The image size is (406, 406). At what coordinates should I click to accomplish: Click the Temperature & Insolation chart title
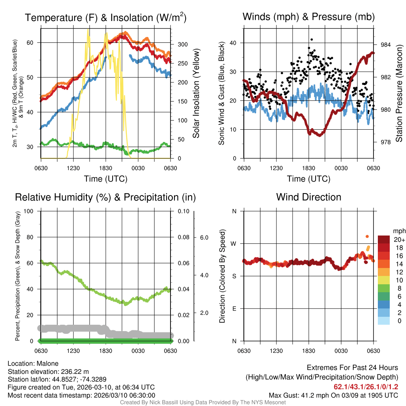(x=106, y=18)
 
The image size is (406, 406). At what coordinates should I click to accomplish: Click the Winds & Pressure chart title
(x=308, y=17)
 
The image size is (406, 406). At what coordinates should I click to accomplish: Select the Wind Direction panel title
(x=308, y=197)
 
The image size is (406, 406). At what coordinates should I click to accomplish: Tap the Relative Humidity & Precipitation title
(x=105, y=197)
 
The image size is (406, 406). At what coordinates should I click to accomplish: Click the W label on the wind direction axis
(x=234, y=243)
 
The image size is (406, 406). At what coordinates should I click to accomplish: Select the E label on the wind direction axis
(x=234, y=308)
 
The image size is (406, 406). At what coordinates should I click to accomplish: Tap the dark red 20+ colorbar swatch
(x=384, y=239)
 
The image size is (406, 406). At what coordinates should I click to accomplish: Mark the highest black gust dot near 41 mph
(x=312, y=40)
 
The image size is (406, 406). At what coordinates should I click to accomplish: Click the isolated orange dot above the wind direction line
(x=367, y=236)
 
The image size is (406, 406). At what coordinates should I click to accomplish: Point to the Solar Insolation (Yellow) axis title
(x=196, y=93)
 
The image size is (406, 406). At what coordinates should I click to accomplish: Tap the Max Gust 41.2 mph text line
(x=333, y=395)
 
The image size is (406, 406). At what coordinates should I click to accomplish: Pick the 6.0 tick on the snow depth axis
(x=204, y=237)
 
